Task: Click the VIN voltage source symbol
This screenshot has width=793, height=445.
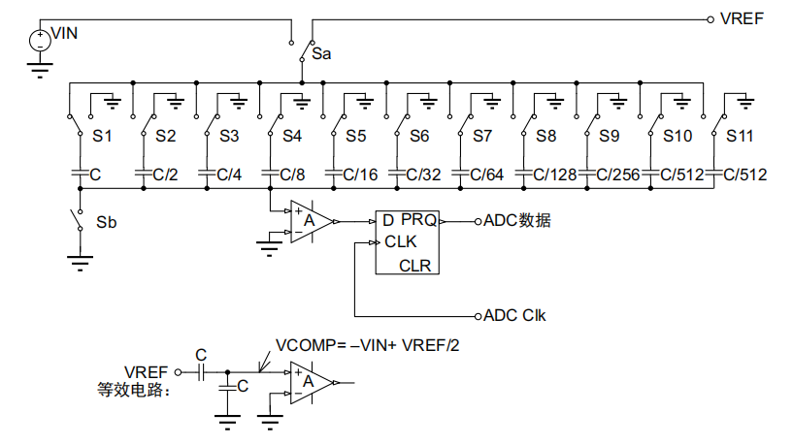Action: click(39, 41)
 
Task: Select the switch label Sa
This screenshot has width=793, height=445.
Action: click(321, 54)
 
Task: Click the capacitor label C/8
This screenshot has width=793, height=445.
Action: click(291, 175)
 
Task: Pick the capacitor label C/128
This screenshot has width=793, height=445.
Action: click(556, 175)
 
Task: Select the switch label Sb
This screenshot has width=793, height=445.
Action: click(107, 222)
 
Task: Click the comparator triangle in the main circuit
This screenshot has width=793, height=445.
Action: click(311, 222)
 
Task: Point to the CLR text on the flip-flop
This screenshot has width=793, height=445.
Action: click(415, 265)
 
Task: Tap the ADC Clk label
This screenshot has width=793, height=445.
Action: click(514, 315)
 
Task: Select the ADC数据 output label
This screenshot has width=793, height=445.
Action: click(516, 221)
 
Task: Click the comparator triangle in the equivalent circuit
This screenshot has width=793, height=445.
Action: click(311, 382)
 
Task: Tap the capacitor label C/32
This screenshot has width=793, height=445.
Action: click(422, 175)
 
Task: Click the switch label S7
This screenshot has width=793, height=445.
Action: click(482, 136)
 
